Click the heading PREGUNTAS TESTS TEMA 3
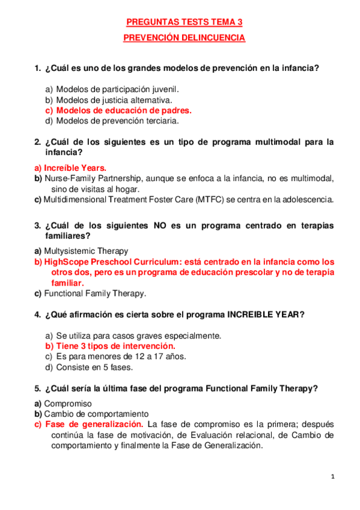[x=184, y=22]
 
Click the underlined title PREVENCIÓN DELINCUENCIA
[x=184, y=37]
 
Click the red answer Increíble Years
[x=74, y=168]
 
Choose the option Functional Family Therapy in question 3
[x=95, y=293]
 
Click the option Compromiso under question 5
[x=68, y=404]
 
